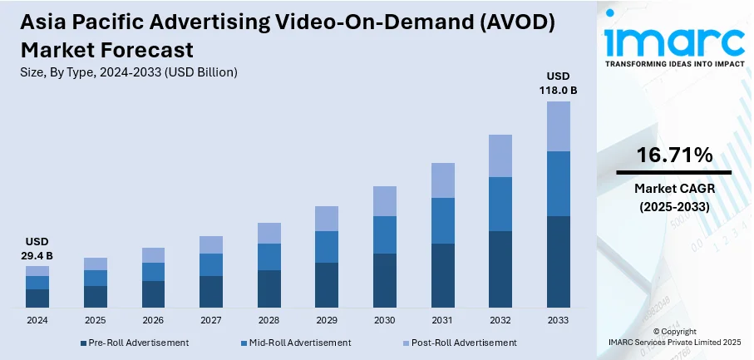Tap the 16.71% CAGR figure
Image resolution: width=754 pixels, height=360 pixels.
coord(674,155)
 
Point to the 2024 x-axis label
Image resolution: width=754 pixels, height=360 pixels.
coord(37,320)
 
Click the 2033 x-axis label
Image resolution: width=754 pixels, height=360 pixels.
coord(558,320)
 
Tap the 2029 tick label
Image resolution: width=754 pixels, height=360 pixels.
coord(327,320)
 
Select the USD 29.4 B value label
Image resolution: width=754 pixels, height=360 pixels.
coord(37,249)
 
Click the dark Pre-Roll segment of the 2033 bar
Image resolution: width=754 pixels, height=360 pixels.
coord(558,262)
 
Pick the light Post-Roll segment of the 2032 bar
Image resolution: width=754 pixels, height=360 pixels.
coord(500,155)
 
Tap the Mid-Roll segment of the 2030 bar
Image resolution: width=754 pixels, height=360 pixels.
coord(385,234)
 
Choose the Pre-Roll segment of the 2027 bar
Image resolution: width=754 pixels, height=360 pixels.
coord(211,292)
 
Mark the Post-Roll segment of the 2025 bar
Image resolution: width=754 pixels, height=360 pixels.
coord(96,264)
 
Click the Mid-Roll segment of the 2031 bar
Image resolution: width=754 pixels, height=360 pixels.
coord(442,220)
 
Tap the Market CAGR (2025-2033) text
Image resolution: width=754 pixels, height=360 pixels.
coord(673,196)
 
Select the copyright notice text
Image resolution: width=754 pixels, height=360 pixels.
coord(673,337)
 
